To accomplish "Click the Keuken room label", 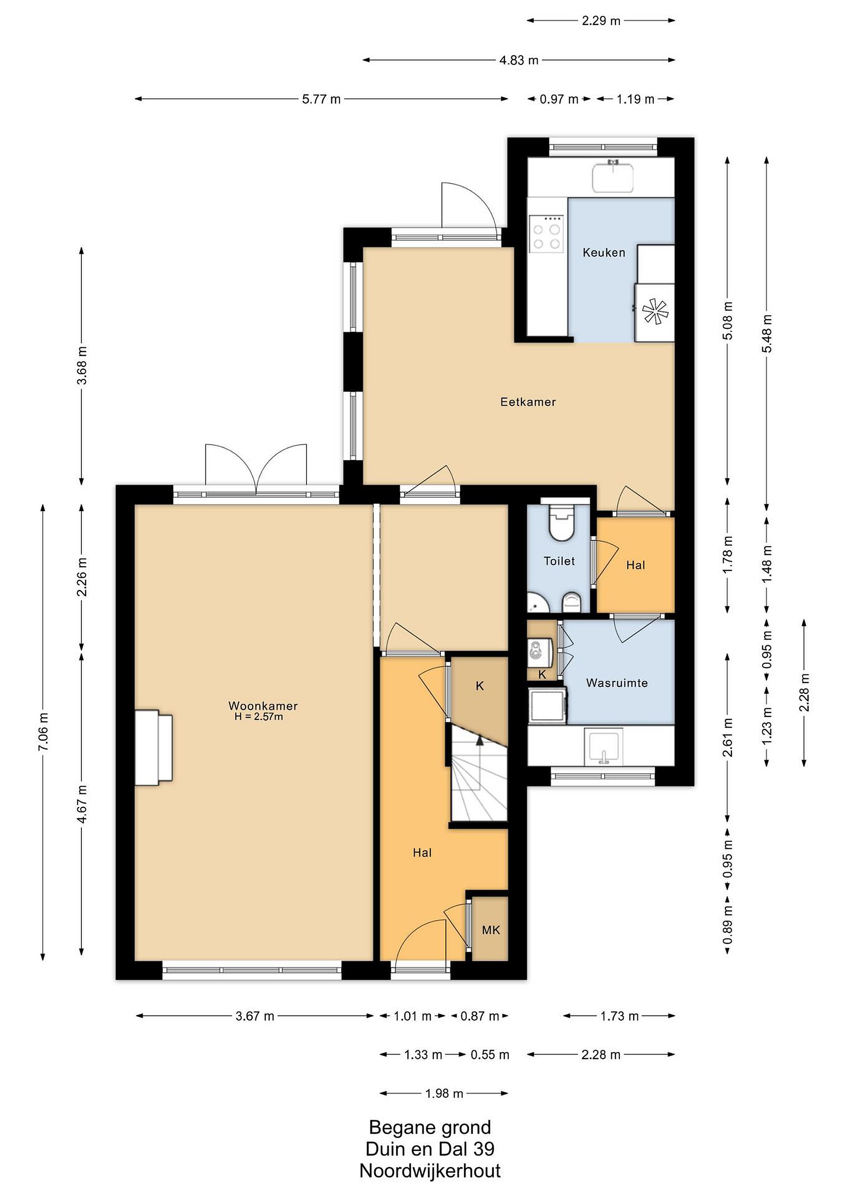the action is [603, 253].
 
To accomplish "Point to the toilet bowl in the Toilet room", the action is [561, 522].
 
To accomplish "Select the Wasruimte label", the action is [617, 683].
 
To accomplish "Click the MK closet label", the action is [491, 930].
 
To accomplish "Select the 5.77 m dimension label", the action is [321, 99].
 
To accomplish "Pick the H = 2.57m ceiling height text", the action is [259, 717].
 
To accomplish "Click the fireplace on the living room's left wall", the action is [153, 747].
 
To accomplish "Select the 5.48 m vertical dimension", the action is [766, 334].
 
